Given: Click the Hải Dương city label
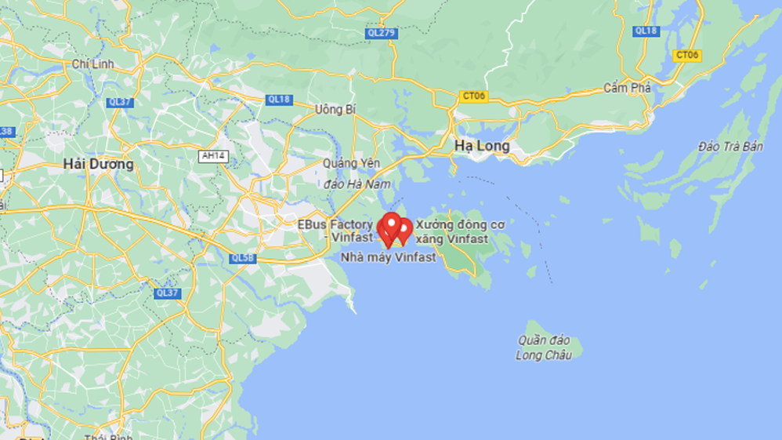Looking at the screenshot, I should point(99,165).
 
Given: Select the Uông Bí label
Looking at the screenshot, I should point(335,109).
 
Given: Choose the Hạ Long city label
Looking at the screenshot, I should point(482,146).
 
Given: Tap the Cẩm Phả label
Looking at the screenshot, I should point(627,88).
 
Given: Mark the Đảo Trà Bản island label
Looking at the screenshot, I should point(730,147).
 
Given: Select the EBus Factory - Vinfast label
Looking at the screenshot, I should point(335,231).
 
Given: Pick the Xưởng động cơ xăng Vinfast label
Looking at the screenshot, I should point(459,231).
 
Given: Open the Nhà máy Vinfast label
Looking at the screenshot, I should point(388,257).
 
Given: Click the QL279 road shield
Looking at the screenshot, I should point(381,33).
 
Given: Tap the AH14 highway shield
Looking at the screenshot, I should point(212,156).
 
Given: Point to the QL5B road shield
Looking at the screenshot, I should point(242,258).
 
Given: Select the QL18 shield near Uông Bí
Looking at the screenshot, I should point(278,100).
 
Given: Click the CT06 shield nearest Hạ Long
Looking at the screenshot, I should point(473,96).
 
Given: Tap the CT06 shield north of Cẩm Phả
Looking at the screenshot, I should point(686,55).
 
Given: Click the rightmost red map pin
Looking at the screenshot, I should point(404,229).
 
